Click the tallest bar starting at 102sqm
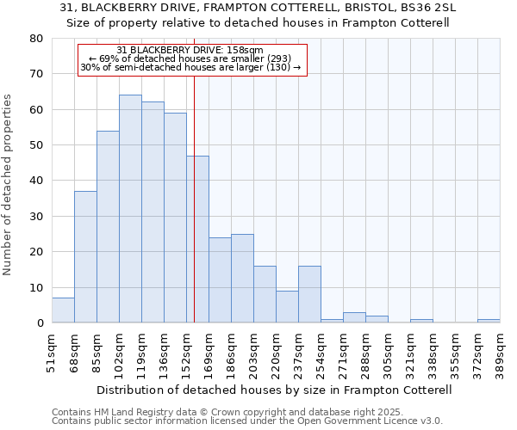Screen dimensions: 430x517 click(130, 209)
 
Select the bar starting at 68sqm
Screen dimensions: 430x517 click(85, 257)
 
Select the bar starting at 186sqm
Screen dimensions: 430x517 click(242, 279)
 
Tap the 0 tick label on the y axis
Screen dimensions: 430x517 click(40, 323)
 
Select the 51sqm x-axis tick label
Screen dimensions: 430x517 click(53, 352)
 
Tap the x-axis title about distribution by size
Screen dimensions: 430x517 click(276, 390)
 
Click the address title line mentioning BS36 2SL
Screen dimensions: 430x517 click(258, 8)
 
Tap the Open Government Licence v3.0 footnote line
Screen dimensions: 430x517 click(246, 421)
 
